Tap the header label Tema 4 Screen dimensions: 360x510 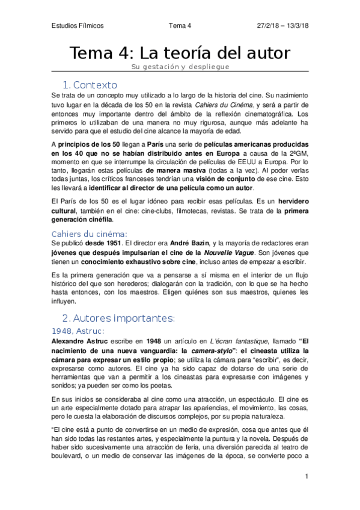[180, 26]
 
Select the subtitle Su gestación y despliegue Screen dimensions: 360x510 [180, 67]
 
